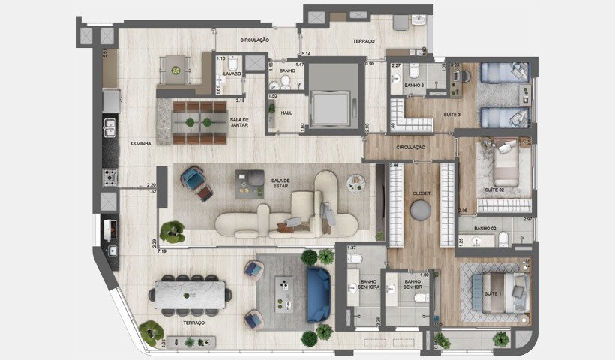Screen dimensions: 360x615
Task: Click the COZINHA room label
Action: point(141,143)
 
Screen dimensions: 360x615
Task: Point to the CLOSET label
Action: point(421,193)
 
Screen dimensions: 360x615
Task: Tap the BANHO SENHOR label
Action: point(410,286)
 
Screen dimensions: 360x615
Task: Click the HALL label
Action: point(286,112)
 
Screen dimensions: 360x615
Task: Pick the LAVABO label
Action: point(231,73)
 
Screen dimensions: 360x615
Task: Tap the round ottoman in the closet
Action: point(421,211)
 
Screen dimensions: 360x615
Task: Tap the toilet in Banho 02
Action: point(505,238)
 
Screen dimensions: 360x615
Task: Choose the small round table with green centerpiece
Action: point(175,70)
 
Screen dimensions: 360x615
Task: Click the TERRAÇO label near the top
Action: point(363,41)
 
